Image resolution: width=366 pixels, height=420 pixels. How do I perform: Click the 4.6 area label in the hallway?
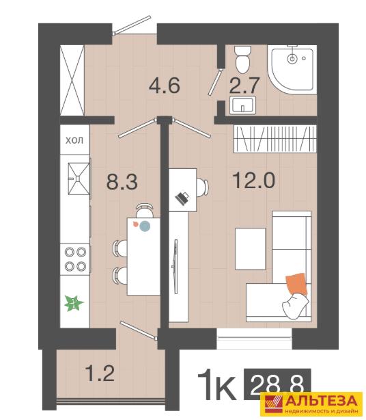click(x=164, y=85)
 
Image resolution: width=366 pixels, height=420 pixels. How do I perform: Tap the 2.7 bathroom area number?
click(x=244, y=85)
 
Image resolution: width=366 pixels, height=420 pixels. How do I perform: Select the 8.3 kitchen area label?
click(x=122, y=181)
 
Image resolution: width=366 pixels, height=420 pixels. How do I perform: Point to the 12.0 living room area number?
click(x=254, y=180)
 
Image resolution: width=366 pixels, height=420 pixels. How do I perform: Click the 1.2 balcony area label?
click(x=100, y=373)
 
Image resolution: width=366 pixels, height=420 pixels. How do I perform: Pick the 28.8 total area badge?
click(x=277, y=384)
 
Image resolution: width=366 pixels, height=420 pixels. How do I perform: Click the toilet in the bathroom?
click(x=243, y=60)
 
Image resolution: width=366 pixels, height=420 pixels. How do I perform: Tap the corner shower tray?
click(x=292, y=69)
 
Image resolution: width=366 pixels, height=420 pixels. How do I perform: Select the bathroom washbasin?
click(x=242, y=105)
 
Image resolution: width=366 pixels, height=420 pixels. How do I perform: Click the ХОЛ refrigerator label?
click(x=74, y=140)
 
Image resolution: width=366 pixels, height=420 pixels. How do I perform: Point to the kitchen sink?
click(x=79, y=179)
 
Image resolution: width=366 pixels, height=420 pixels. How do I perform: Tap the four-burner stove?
click(x=75, y=259)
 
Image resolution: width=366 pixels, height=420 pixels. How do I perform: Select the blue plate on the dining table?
click(x=145, y=226)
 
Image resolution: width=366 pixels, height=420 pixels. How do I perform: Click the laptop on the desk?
click(x=182, y=198)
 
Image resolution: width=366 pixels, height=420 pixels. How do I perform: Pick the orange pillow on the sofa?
click(x=296, y=284)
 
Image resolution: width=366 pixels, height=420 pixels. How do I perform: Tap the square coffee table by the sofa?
click(x=250, y=249)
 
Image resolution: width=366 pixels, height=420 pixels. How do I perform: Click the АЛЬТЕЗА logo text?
click(x=323, y=401)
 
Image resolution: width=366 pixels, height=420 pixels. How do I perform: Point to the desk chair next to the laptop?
click(x=202, y=187)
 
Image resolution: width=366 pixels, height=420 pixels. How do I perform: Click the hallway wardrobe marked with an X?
click(x=72, y=80)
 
